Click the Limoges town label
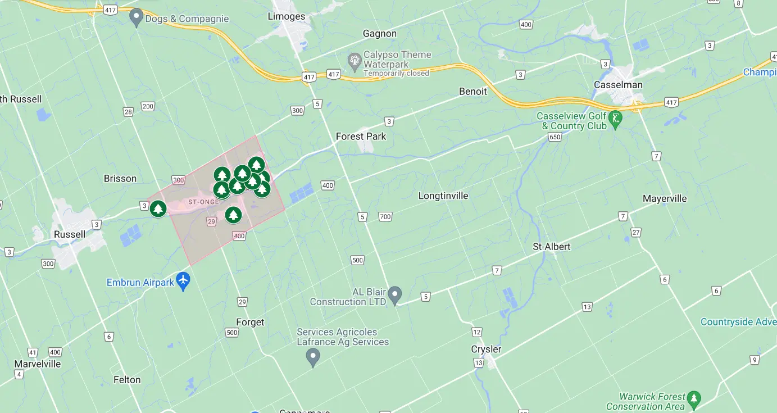pyautogui.click(x=287, y=16)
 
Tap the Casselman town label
pyautogui.click(x=618, y=85)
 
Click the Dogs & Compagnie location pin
pyautogui.click(x=136, y=17)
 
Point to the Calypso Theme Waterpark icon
pyautogui.click(x=355, y=60)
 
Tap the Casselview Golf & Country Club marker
pyautogui.click(x=616, y=119)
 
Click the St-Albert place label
pyautogui.click(x=551, y=247)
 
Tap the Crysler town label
pyautogui.click(x=486, y=349)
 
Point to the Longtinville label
pyautogui.click(x=443, y=196)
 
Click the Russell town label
pyautogui.click(x=70, y=234)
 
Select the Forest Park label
pyautogui.click(x=361, y=136)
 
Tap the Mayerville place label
pyautogui.click(x=665, y=198)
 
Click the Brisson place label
pyautogui.click(x=120, y=179)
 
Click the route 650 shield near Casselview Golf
pyautogui.click(x=555, y=137)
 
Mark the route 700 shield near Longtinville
pyautogui.click(x=385, y=216)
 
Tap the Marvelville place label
pyautogui.click(x=37, y=364)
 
